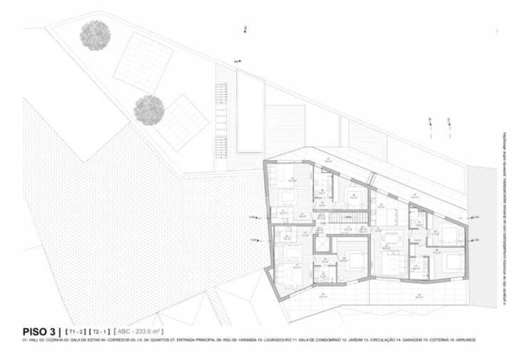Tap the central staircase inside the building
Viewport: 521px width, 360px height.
pos(347,216)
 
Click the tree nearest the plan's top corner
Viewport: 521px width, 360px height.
pos(95,33)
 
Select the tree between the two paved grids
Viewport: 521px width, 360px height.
pos(149,110)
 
